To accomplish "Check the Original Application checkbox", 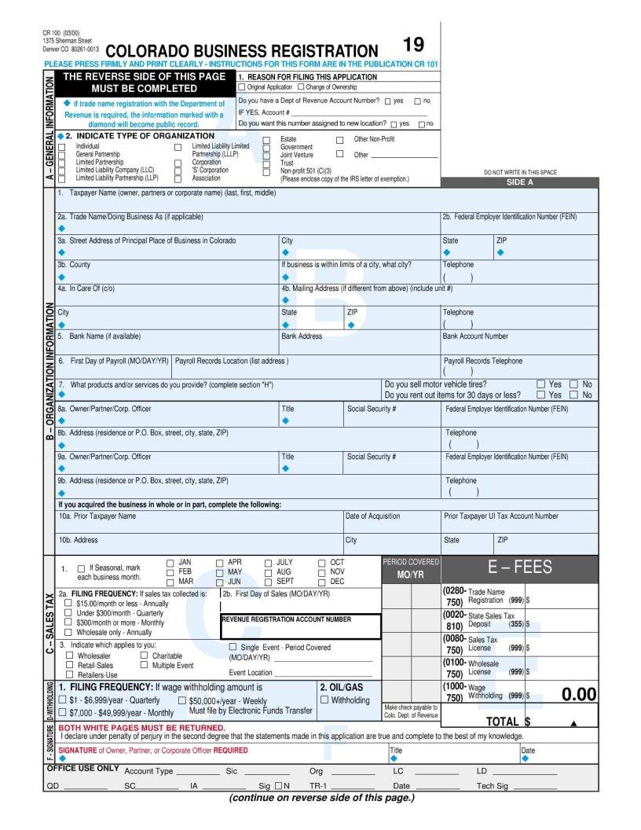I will point(242,87).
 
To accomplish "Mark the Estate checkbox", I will point(266,139).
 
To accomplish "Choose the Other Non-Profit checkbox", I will point(339,139).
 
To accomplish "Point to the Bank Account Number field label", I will point(475,336).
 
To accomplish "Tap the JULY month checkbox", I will point(269,563).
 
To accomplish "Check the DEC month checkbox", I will point(322,582).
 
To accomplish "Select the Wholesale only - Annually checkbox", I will point(69,632).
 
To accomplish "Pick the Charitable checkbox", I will point(144,655).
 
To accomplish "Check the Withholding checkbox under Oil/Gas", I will point(325,700).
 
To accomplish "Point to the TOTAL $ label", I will point(507,721).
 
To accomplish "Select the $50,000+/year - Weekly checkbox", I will point(182,700).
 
